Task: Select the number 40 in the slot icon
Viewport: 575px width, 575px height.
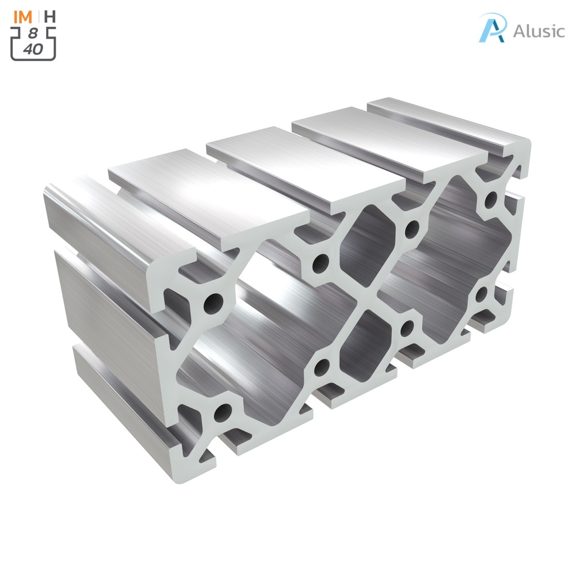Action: (x=33, y=49)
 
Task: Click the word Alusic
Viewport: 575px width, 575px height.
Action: (x=539, y=31)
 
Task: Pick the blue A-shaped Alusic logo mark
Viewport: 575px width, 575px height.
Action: (x=492, y=28)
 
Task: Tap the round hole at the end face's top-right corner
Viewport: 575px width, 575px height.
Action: (x=491, y=198)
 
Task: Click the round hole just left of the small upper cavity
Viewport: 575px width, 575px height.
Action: (x=321, y=262)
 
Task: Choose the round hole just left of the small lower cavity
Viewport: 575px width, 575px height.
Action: (x=322, y=367)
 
